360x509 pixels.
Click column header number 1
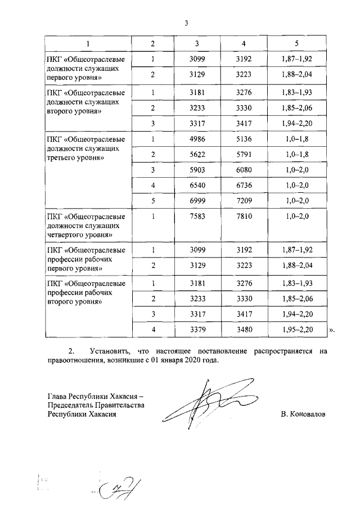(x=87, y=43)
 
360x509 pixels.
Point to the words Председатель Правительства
(x=96, y=405)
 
